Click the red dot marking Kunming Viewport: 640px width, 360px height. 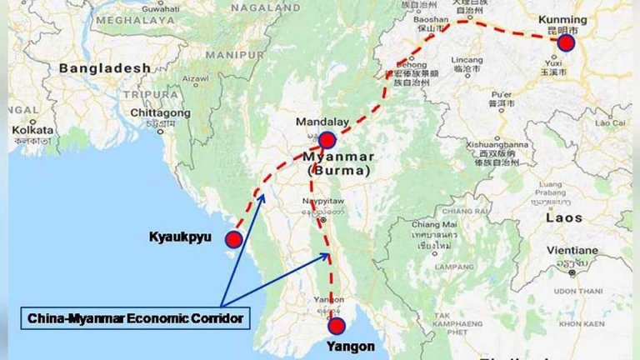pyautogui.click(x=567, y=43)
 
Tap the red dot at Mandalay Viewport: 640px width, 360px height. pyautogui.click(x=327, y=141)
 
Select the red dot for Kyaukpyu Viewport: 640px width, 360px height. pyautogui.click(x=234, y=240)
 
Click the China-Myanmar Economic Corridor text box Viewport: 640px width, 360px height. pyautogui.click(x=135, y=318)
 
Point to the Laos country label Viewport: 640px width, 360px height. pyautogui.click(x=565, y=217)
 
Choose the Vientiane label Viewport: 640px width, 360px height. pyautogui.click(x=572, y=250)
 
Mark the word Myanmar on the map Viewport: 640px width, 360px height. pyautogui.click(x=333, y=156)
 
